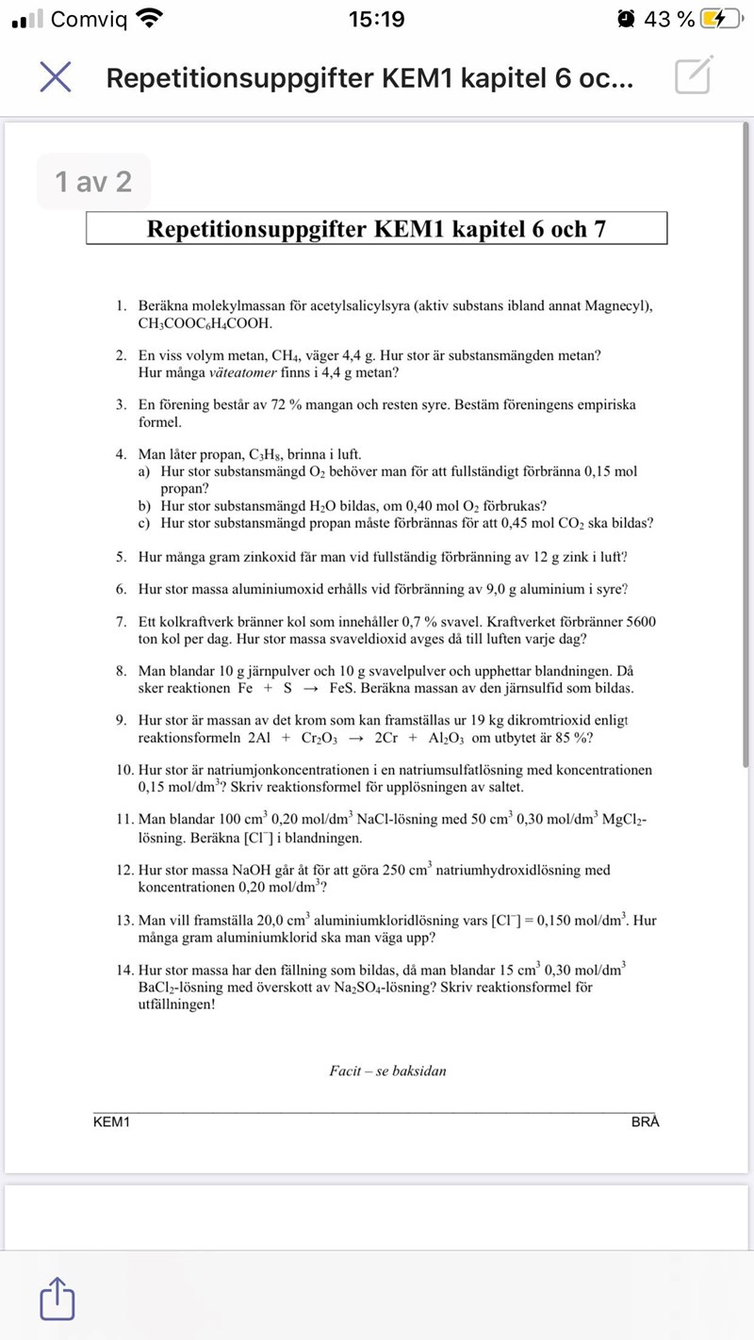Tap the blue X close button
tap(56, 78)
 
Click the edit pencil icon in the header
tap(693, 76)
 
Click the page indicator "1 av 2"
tap(93, 181)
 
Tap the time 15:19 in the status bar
tap(376, 19)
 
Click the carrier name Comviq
tap(89, 19)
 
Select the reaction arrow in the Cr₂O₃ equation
tap(355, 738)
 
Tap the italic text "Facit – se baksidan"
tap(387, 1070)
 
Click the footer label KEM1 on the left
tap(111, 1121)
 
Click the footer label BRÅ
tap(646, 1121)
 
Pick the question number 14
tap(124, 969)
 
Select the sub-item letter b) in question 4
tap(144, 505)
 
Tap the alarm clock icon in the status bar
tap(626, 19)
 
